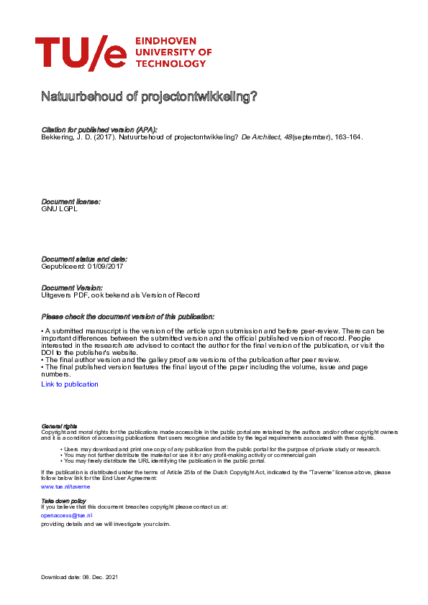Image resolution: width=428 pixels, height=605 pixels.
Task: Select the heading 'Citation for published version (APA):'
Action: tap(99, 129)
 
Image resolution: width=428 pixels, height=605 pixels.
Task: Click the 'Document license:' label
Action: tap(71, 202)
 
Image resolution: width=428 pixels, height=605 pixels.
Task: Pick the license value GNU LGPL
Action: tap(60, 209)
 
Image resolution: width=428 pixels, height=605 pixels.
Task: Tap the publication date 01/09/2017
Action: tap(105, 267)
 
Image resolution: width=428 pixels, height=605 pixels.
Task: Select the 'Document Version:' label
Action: tap(72, 287)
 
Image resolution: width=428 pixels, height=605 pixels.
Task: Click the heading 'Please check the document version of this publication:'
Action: tap(127, 317)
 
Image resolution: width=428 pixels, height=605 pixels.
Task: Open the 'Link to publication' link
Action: tap(70, 384)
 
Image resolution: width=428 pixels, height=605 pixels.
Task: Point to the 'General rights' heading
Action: tap(60, 426)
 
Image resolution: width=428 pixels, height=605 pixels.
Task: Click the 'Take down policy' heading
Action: tap(64, 500)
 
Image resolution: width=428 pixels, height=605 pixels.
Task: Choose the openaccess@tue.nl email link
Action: tap(67, 515)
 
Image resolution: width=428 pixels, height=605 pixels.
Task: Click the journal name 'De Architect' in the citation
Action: tap(261, 137)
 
